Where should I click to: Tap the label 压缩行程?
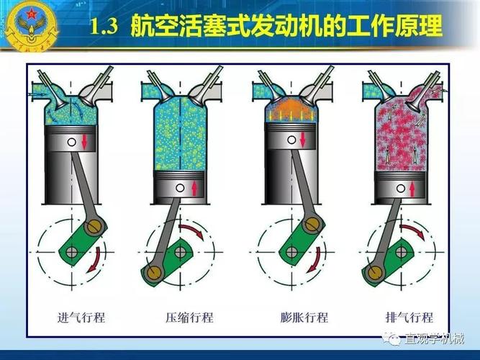click(x=189, y=317)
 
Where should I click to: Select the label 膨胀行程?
click(x=304, y=317)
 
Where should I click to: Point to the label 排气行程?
click(x=409, y=317)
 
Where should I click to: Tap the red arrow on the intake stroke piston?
click(x=84, y=140)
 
